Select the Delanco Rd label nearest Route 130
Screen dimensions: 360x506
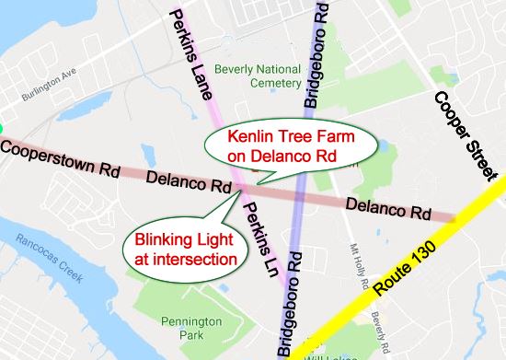point(389,207)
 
